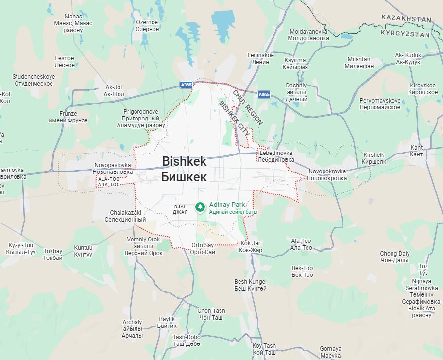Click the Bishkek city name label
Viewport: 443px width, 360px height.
coord(184,169)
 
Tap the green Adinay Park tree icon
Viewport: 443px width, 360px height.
coord(200,207)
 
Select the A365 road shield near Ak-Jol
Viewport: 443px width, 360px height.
coord(187,84)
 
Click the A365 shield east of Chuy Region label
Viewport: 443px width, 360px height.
coord(264,94)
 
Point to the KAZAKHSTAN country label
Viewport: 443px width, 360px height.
coord(406,18)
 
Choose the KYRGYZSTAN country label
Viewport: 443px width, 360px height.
coord(406,34)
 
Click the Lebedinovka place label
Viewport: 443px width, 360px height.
coord(276,156)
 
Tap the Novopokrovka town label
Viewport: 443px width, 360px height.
coord(327,175)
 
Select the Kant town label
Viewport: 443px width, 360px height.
coord(417,151)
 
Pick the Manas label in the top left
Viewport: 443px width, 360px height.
coord(73,23)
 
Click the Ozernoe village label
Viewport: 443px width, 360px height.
coord(147,26)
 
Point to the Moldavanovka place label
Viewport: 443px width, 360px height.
coord(308,34)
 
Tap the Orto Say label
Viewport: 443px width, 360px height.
coord(203,249)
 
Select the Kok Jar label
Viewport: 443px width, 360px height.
coord(251,246)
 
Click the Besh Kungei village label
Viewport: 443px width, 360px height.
coord(251,285)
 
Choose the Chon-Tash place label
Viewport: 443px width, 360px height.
coord(211,314)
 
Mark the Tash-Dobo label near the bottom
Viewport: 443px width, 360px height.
coord(187,341)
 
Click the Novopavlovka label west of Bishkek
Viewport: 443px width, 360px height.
coord(113,169)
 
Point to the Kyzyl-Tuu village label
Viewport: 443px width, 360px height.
coord(21,249)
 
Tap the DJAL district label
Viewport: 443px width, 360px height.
coord(180,209)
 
